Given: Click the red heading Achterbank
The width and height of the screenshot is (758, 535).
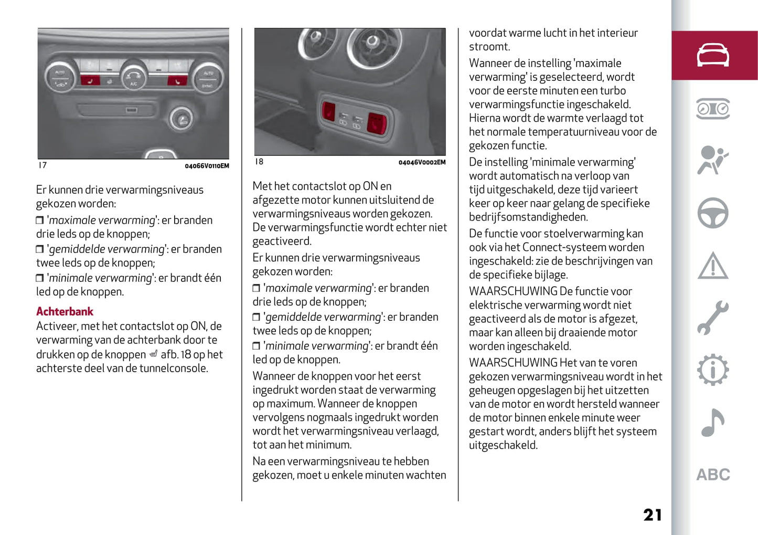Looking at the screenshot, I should click(65, 311).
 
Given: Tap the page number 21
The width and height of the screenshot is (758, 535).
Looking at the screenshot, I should click(653, 515).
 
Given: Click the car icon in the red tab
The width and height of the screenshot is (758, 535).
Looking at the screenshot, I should click(712, 55).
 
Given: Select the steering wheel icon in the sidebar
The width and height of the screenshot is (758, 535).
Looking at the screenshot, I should click(712, 213).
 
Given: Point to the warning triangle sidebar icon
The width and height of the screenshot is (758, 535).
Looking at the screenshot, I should click(712, 266).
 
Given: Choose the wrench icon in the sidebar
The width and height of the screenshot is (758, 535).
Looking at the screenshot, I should click(712, 318).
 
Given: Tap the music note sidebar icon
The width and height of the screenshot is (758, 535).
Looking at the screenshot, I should click(712, 423).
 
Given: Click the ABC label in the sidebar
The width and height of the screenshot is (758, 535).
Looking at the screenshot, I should click(712, 475).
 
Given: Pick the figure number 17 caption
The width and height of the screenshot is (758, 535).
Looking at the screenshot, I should click(42, 165).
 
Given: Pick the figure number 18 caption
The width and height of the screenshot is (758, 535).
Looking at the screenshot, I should click(259, 162).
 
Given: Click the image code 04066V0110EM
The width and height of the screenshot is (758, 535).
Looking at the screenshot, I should click(207, 166).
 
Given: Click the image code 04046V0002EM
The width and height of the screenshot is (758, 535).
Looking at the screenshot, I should click(422, 162).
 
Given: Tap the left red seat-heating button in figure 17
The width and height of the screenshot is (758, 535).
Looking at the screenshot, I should click(90, 81).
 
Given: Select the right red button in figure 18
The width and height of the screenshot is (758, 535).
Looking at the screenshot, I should click(377, 122).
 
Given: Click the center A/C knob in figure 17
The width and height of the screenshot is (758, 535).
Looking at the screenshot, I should click(133, 77).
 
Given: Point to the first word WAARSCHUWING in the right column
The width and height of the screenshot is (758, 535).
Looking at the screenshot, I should click(513, 291).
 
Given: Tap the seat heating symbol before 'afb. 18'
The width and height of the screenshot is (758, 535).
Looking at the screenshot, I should click(153, 354).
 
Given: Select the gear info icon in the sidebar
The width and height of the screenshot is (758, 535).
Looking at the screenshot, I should click(712, 370).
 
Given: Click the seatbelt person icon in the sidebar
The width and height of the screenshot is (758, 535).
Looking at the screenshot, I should click(712, 160).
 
